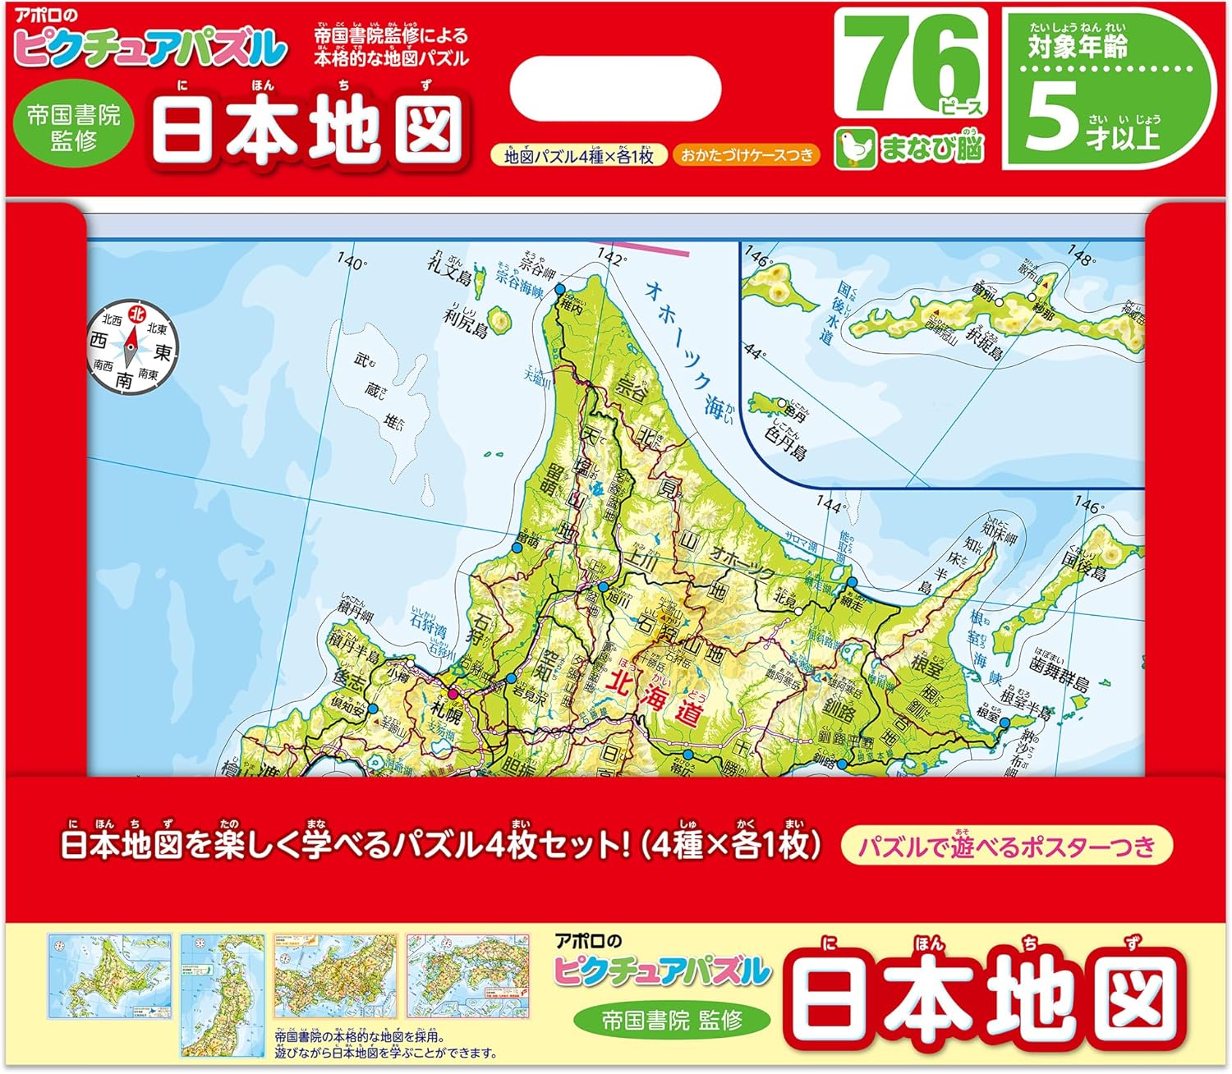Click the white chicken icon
[x=854, y=149]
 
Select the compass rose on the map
[x=131, y=347]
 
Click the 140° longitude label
[x=352, y=262]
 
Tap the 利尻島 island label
[x=467, y=319]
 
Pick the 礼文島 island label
[x=449, y=267]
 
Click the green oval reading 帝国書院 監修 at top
[x=74, y=127]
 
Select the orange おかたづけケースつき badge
[x=746, y=154]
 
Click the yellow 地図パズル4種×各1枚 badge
[x=578, y=155]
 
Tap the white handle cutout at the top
[x=615, y=89]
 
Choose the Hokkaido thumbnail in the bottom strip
[x=110, y=976]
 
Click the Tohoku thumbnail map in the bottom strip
[x=223, y=994]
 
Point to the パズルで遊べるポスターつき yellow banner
[x=1006, y=847]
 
